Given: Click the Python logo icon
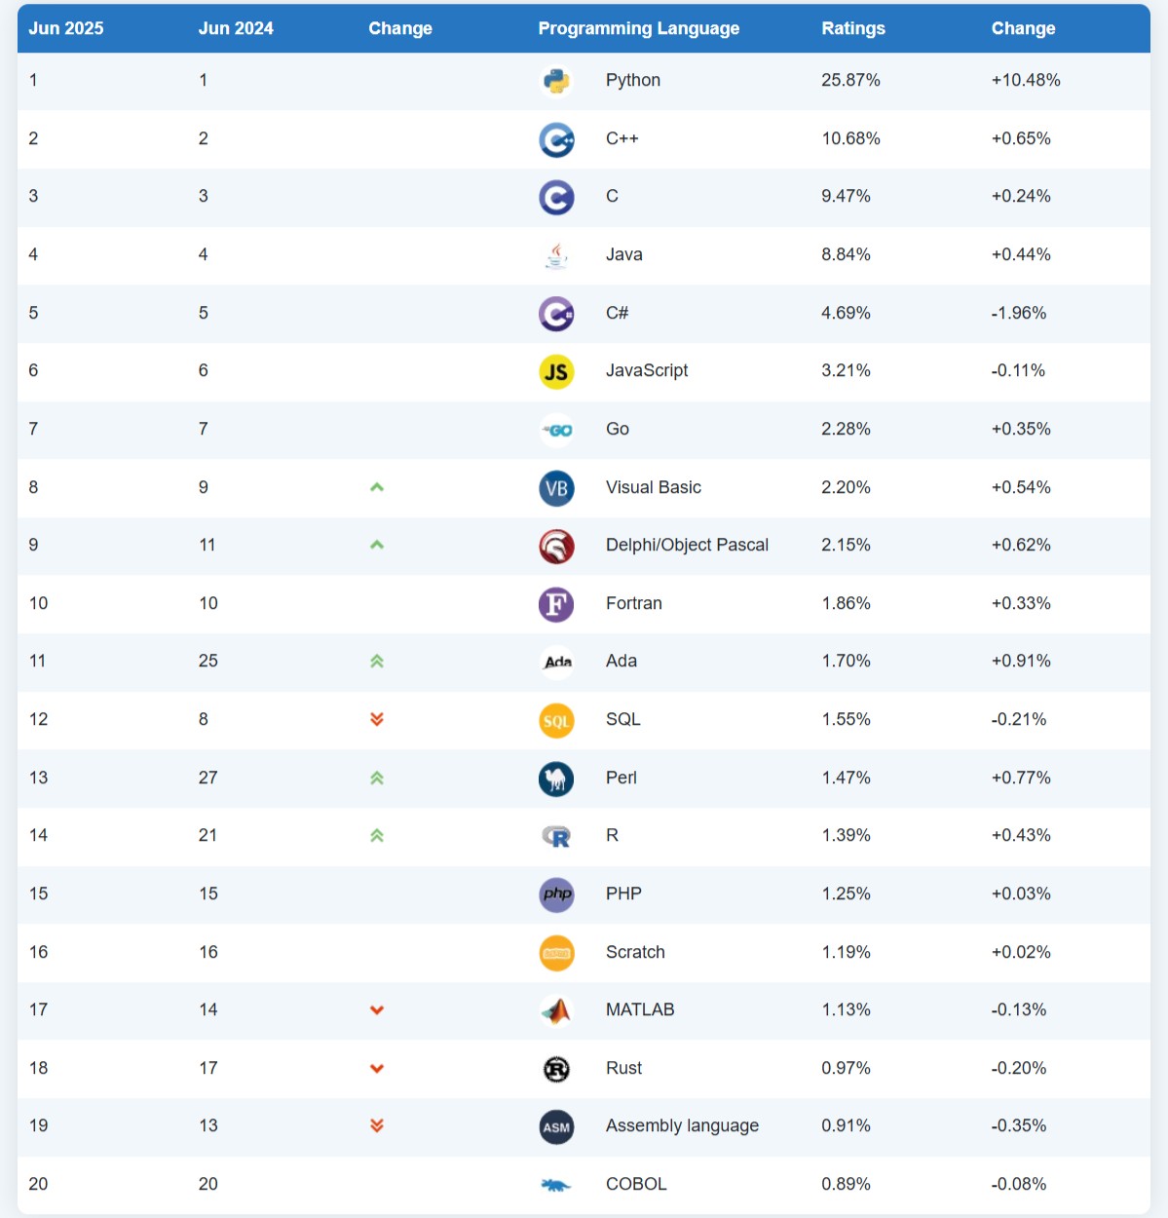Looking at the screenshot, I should click(x=556, y=81).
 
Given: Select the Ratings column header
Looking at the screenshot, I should click(x=853, y=28).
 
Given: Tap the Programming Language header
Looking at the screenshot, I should click(x=638, y=28).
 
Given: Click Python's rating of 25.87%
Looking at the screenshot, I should click(x=850, y=80).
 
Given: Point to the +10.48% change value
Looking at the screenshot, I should click(x=1026, y=80).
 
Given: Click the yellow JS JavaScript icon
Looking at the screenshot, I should click(x=556, y=371).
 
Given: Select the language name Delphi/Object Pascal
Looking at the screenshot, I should click(x=687, y=545).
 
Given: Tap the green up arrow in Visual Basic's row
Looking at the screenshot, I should click(x=377, y=487).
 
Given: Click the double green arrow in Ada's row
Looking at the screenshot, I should click(x=377, y=662).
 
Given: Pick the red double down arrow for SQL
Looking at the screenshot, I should click(x=377, y=719).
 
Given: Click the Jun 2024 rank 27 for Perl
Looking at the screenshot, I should click(x=208, y=778).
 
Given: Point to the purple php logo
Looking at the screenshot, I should click(x=556, y=894).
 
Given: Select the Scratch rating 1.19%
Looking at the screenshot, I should click(x=846, y=952).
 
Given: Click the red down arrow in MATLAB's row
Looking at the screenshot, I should click(x=377, y=1010).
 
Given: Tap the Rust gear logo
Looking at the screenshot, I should click(x=556, y=1069).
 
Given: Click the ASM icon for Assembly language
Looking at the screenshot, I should click(x=556, y=1127).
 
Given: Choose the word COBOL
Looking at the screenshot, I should click(x=636, y=1184).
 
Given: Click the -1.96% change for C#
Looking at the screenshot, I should click(x=1019, y=313).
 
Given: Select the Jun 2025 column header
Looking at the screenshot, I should click(x=66, y=28).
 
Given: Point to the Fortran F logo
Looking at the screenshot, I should click(x=556, y=604).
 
